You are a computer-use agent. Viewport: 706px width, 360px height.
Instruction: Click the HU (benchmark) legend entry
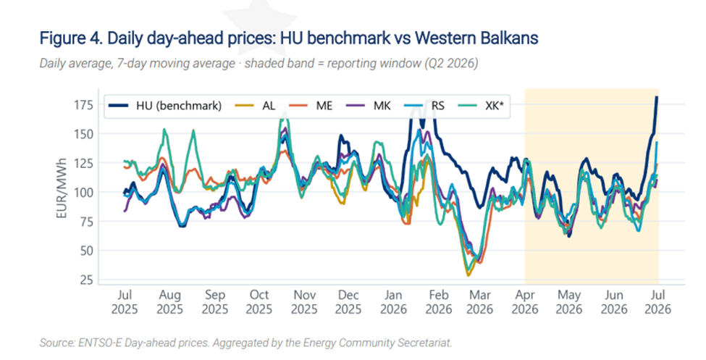165,106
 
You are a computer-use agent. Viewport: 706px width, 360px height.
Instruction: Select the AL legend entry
256,106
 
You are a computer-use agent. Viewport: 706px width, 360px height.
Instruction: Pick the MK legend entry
369,106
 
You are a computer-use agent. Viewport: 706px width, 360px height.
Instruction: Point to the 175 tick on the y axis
83,105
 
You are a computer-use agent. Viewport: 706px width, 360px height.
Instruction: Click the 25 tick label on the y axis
86,280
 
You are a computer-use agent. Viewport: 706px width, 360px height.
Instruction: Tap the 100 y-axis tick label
83,193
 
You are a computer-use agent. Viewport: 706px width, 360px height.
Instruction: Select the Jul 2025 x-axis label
125,302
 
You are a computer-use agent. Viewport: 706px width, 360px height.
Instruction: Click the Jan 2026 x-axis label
393,302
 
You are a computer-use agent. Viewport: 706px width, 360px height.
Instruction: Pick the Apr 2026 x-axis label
524,302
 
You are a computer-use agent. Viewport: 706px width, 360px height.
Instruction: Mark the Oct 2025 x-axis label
259,302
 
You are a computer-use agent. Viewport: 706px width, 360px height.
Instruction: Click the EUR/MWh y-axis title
62,188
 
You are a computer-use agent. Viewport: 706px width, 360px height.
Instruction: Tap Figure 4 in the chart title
70,38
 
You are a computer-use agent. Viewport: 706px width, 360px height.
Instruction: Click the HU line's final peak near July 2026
657,97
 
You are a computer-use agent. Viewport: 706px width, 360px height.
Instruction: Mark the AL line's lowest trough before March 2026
468,275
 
